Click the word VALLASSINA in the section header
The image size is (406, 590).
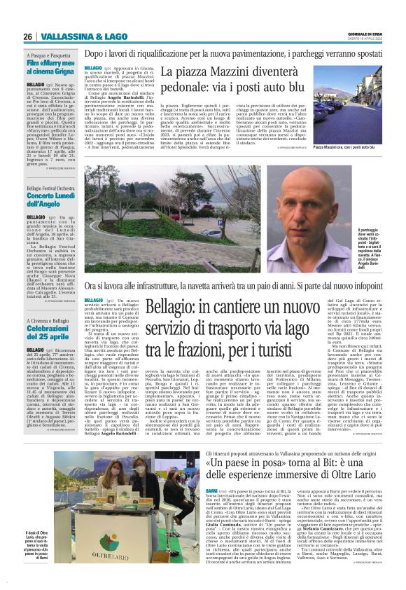[62, 36]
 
